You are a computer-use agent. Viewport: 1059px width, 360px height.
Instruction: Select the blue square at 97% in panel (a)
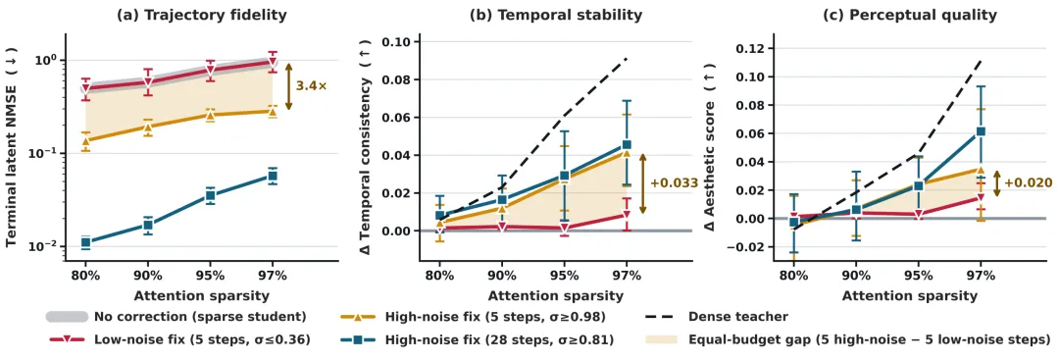(273, 176)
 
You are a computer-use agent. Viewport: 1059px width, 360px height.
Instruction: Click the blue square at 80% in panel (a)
(85, 242)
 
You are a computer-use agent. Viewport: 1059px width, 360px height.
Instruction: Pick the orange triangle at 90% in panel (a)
(148, 126)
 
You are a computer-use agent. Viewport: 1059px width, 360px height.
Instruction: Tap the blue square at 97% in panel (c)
(981, 131)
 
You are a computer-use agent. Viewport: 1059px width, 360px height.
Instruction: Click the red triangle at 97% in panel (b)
(627, 215)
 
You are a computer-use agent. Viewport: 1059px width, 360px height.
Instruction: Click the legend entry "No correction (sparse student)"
(176, 316)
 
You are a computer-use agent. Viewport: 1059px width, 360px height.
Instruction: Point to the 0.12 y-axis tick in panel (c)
(750, 49)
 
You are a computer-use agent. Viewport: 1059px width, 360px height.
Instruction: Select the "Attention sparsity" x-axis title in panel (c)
(910, 296)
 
